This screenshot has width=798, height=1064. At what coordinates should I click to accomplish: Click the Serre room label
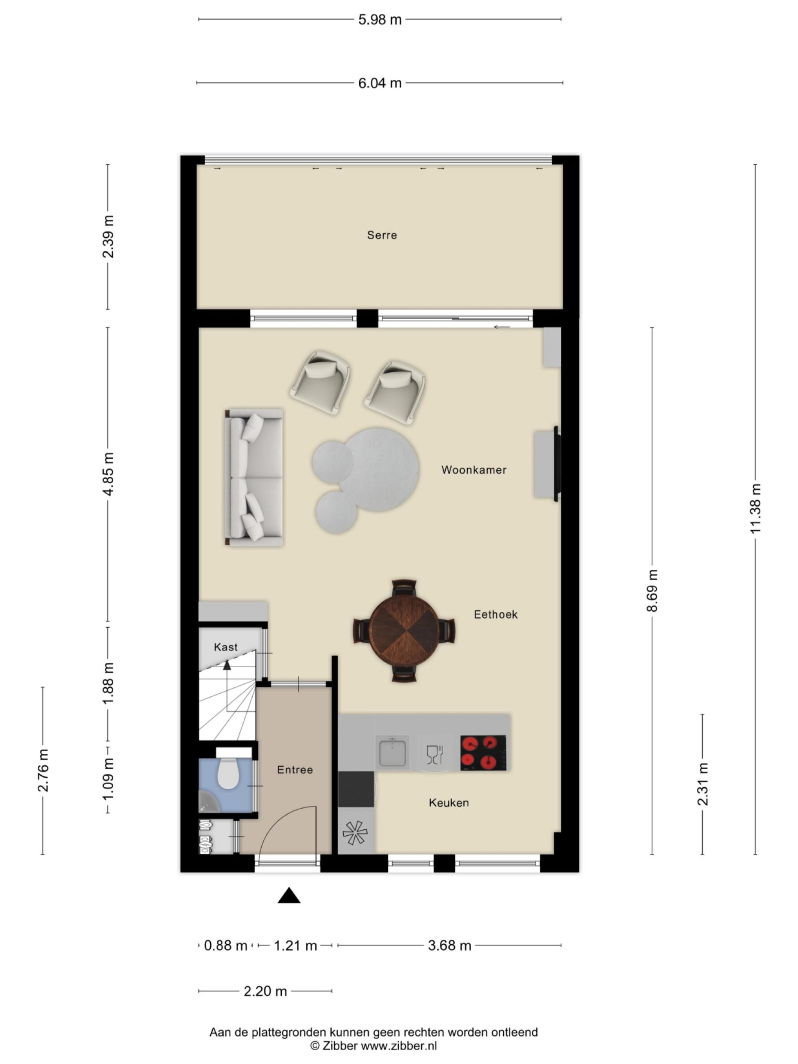tap(381, 235)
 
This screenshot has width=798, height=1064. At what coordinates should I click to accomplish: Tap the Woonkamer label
tap(474, 470)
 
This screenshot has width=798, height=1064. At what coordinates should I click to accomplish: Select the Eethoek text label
tap(496, 614)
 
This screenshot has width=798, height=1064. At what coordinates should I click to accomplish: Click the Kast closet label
tap(226, 647)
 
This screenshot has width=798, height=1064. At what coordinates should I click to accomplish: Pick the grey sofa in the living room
tap(254, 477)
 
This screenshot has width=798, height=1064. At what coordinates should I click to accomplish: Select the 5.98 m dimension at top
tap(380, 20)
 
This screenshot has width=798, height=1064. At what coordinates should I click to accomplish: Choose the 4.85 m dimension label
tap(108, 474)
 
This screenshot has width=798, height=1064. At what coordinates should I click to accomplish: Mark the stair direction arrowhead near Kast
tap(227, 665)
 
